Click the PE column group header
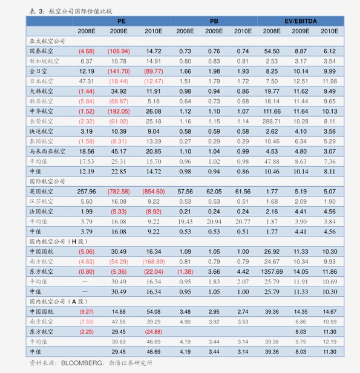click(x=122, y=21)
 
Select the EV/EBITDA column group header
click(x=301, y=21)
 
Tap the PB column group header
click(x=214, y=21)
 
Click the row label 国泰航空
click(x=41, y=51)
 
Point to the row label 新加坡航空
click(x=44, y=61)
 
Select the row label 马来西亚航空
click(x=47, y=151)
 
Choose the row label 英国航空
click(x=41, y=192)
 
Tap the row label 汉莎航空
click(x=41, y=201)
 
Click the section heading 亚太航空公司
click(x=47, y=41)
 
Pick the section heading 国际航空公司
click(x=47, y=181)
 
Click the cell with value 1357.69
click(x=272, y=271)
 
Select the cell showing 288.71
click(x=272, y=122)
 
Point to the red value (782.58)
click(x=119, y=192)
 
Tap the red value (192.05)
click(x=119, y=111)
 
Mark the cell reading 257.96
click(x=87, y=192)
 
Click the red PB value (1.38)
click(x=185, y=271)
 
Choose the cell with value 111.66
click(x=272, y=111)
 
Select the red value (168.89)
click(x=154, y=262)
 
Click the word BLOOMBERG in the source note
click(x=82, y=363)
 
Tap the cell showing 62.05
click(x=214, y=192)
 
